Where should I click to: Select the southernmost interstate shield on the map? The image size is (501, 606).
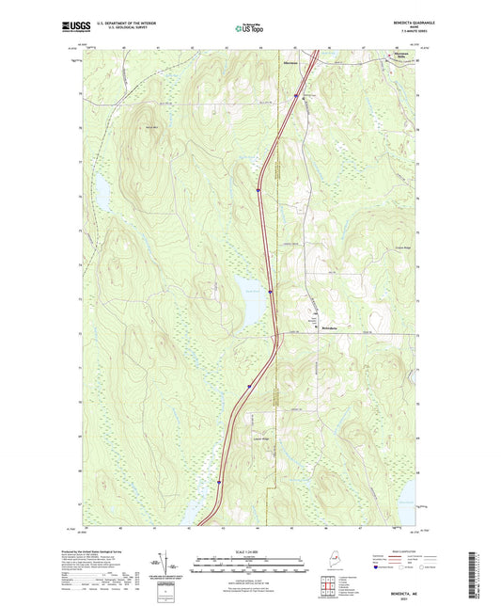tap(221, 482)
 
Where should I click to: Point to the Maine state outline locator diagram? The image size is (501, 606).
tap(330, 563)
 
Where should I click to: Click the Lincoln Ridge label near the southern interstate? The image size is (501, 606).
tap(259, 439)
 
